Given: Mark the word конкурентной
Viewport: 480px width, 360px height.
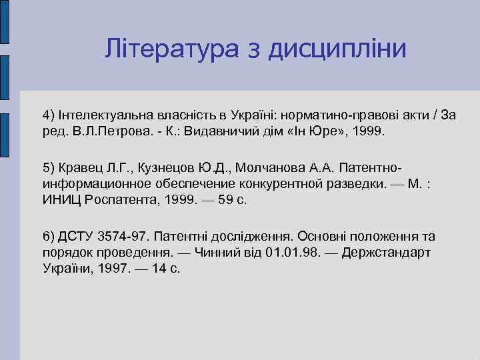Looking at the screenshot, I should (267, 183).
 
